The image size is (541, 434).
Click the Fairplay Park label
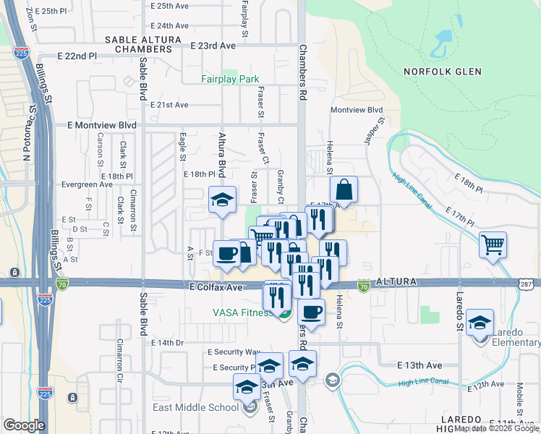pyautogui.click(x=230, y=79)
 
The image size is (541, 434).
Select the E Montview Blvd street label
pyautogui.click(x=101, y=125)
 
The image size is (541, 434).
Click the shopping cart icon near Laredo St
pyautogui.click(x=493, y=244)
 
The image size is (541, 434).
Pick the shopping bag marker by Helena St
pyautogui.click(x=345, y=190)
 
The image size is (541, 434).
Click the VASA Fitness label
pyautogui.click(x=242, y=312)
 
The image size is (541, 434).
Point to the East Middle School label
pyautogui.click(x=195, y=407)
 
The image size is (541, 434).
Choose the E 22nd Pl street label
pyautogui.click(x=77, y=56)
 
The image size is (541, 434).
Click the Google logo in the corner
pyautogui.click(x=24, y=425)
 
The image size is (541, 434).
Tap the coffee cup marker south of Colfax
pyautogui.click(x=311, y=312)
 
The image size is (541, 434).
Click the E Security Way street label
pyautogui.click(x=233, y=352)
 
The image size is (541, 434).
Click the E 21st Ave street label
pyautogui.click(x=169, y=105)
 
